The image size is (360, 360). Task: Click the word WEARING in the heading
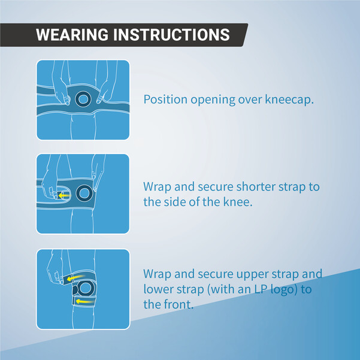point(72,35)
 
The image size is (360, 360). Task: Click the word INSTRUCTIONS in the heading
point(171,35)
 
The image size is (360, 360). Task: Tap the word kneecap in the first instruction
point(289,100)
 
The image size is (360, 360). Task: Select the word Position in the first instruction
point(165,99)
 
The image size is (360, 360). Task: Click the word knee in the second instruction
point(237,202)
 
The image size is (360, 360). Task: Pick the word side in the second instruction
point(174,202)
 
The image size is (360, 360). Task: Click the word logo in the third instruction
point(284,290)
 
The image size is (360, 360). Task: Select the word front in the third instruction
point(179,304)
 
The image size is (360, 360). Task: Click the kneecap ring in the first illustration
point(83,93)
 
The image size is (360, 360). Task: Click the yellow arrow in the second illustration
point(64,195)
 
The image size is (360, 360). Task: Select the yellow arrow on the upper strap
point(75,278)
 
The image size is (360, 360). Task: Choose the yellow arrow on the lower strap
point(84,301)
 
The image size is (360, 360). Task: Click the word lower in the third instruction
point(159,289)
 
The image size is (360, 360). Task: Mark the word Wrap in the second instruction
point(158,187)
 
